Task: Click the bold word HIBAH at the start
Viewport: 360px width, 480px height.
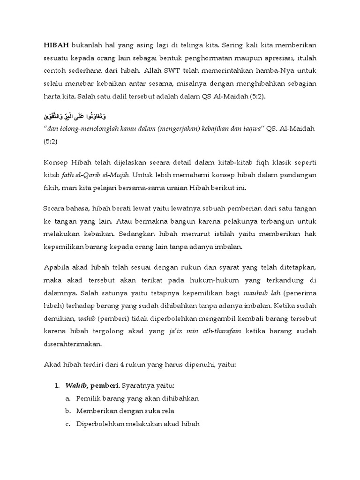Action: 56,45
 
